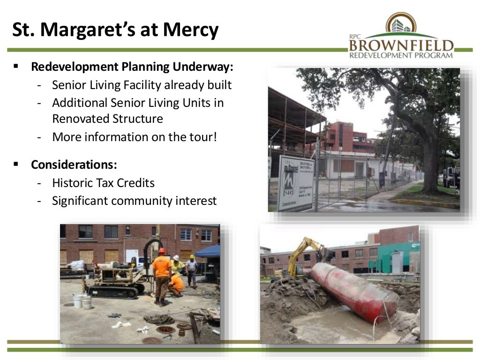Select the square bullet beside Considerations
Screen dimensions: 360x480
[x=16, y=165]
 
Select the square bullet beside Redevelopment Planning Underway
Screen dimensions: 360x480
[x=16, y=66]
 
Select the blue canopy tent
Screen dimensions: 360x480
[x=208, y=252]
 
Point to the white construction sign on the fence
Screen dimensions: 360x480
[x=296, y=183]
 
